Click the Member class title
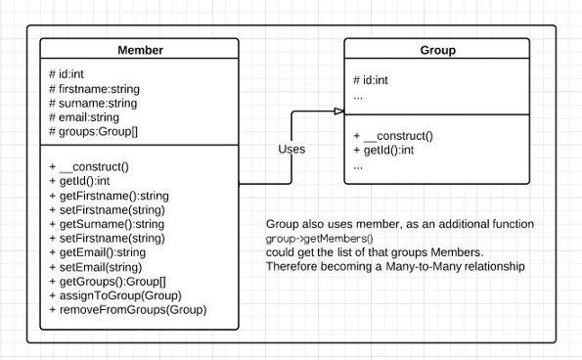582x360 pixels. (140, 50)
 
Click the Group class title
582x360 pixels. (436, 50)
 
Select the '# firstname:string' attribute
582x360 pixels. (96, 89)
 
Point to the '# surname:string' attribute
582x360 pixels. (93, 103)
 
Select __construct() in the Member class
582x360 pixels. (93, 167)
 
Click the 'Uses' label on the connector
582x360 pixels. (291, 150)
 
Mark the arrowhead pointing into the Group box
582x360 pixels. (337, 112)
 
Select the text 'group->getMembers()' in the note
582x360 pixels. (320, 239)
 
